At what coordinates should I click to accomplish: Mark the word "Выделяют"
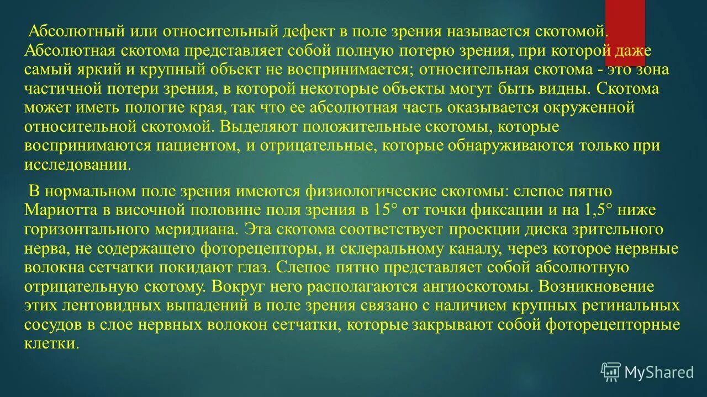[x=259, y=127]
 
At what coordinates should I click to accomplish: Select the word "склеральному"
[x=409, y=249]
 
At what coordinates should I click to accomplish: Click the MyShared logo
[x=648, y=372]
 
